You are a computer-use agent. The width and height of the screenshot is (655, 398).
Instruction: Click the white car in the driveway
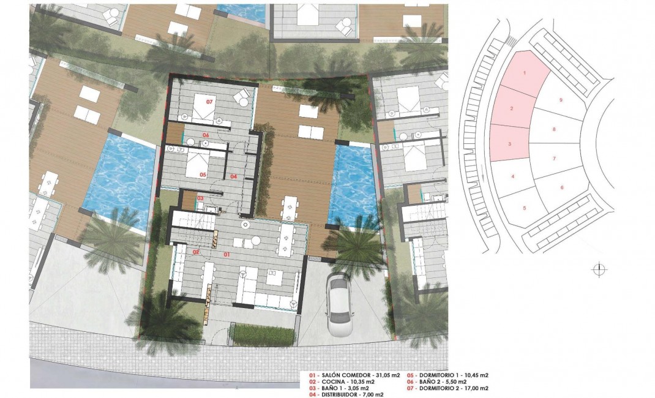[x=338, y=304]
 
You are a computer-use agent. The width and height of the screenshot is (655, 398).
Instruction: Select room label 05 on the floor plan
[x=203, y=175]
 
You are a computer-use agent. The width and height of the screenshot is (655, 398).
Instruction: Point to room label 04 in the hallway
[x=233, y=176]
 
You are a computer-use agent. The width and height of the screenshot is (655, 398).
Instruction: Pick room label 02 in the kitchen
[x=196, y=252]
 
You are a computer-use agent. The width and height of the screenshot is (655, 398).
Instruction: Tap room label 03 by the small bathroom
[x=200, y=198]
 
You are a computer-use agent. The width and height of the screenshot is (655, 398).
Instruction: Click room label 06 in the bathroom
[x=206, y=136]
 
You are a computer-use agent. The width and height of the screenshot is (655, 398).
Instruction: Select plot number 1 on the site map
[x=524, y=73]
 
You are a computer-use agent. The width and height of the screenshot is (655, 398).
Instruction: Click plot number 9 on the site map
[x=561, y=100]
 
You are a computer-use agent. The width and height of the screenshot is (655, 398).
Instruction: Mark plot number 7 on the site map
[x=553, y=159]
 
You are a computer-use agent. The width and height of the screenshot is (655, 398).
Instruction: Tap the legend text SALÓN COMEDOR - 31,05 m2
[x=346, y=375]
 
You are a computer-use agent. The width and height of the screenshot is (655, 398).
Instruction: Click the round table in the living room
[x=245, y=225]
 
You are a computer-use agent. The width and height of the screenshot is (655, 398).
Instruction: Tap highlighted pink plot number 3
[x=510, y=145]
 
